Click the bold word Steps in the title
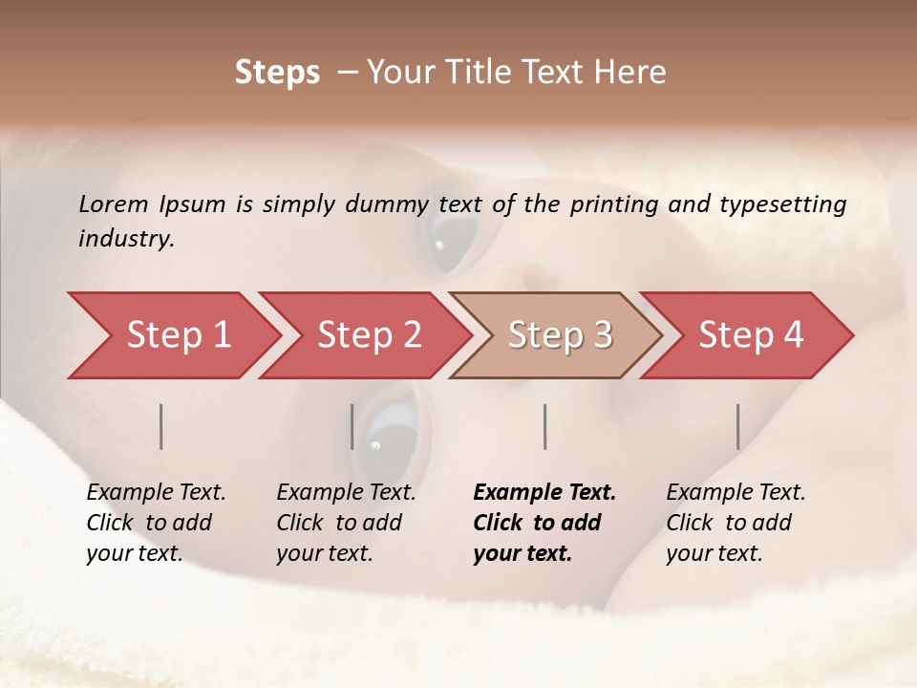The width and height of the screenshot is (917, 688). coord(277,73)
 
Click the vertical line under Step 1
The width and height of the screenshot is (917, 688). coord(161,426)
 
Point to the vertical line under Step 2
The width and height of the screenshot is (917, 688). coord(352,426)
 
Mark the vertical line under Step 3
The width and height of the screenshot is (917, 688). coord(544,426)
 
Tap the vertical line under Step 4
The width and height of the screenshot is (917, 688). coord(737,426)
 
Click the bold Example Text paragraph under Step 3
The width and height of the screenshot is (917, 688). coord(544,523)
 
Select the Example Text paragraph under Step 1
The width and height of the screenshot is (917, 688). coord(156,523)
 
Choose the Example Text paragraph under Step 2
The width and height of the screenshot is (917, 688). coord(346,523)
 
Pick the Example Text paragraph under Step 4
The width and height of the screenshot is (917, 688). coord(736,523)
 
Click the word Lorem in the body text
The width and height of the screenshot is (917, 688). coord(114,204)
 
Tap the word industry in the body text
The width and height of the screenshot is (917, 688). coord(125,239)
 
